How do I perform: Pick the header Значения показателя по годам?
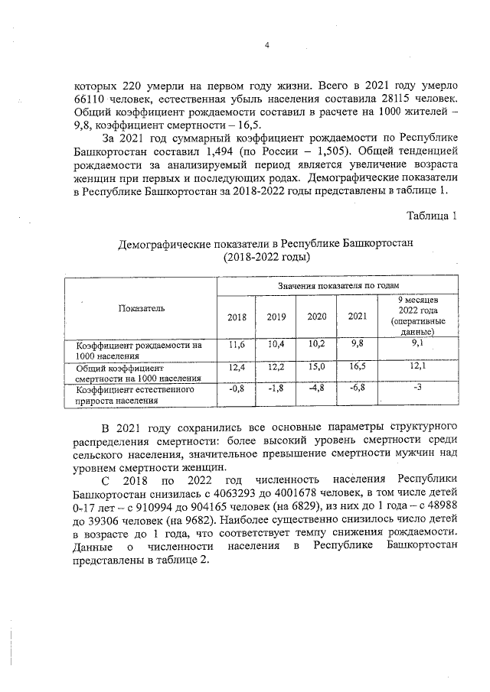(x=338, y=284)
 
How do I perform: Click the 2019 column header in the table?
(x=276, y=317)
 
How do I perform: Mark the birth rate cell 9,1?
(x=417, y=345)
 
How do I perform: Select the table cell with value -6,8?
(x=358, y=388)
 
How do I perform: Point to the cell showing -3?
(x=417, y=388)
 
